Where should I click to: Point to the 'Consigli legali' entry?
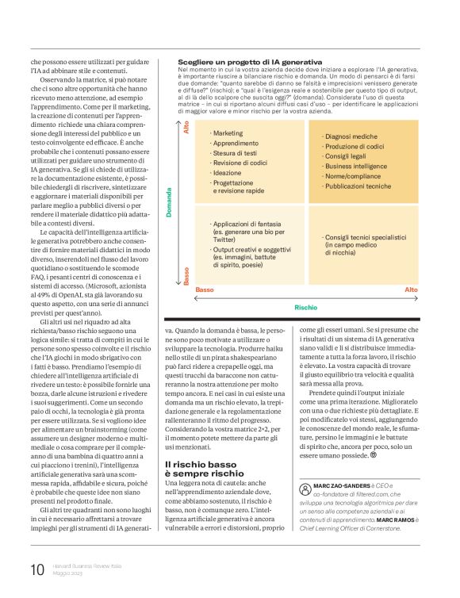[x=346, y=157]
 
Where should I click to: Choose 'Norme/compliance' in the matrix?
[x=351, y=177]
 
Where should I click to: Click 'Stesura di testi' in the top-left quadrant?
[x=235, y=152]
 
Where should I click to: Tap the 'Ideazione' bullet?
[x=227, y=172]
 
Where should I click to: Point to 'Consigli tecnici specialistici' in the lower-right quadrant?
[x=364, y=237]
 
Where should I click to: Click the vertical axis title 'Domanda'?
[x=169, y=203]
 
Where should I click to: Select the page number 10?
[x=36, y=569]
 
